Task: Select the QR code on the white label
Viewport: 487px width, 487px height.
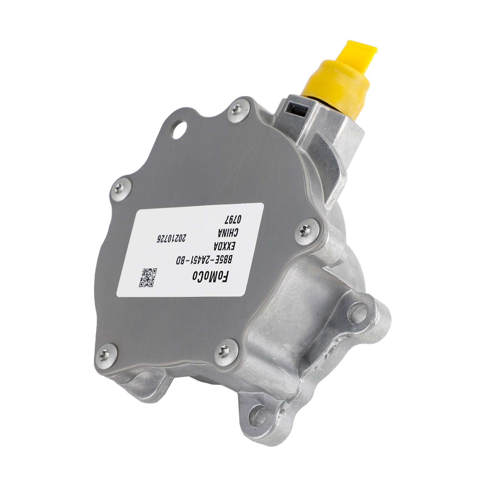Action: click(x=148, y=277)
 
